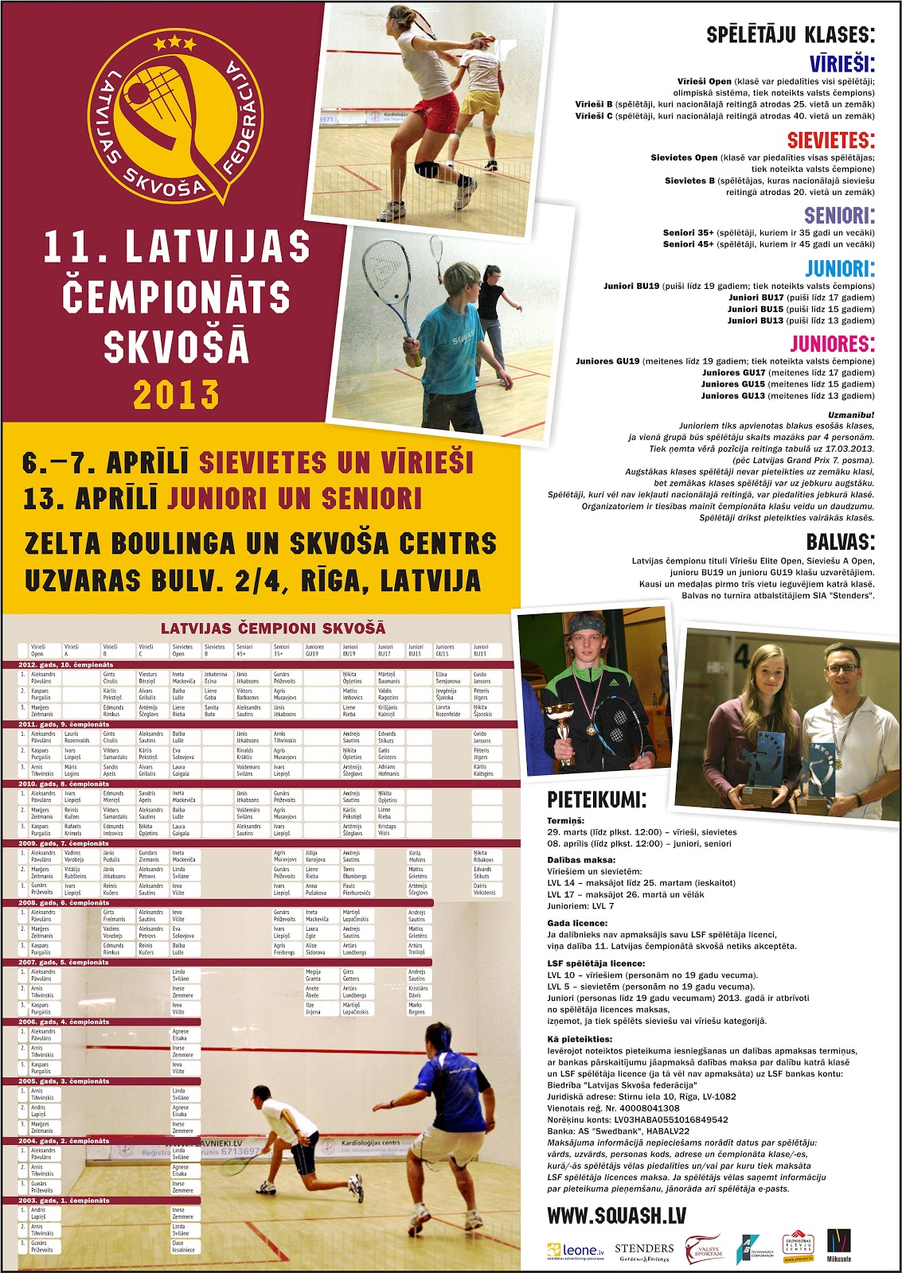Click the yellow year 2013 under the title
coord(176,395)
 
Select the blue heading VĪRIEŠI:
coord(841,63)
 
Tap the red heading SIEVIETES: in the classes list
coord(830,140)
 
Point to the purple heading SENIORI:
coord(839,215)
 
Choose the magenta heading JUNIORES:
coord(832,344)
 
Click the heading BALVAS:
coord(840,543)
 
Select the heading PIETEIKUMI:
coord(597,800)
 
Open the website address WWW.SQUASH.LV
coord(616,1215)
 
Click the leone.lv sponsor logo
coord(576,1251)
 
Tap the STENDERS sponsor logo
coord(644,1251)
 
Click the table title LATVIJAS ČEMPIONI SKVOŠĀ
coord(272,628)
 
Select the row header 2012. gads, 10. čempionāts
coord(66,664)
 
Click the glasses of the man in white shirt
coord(842,668)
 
